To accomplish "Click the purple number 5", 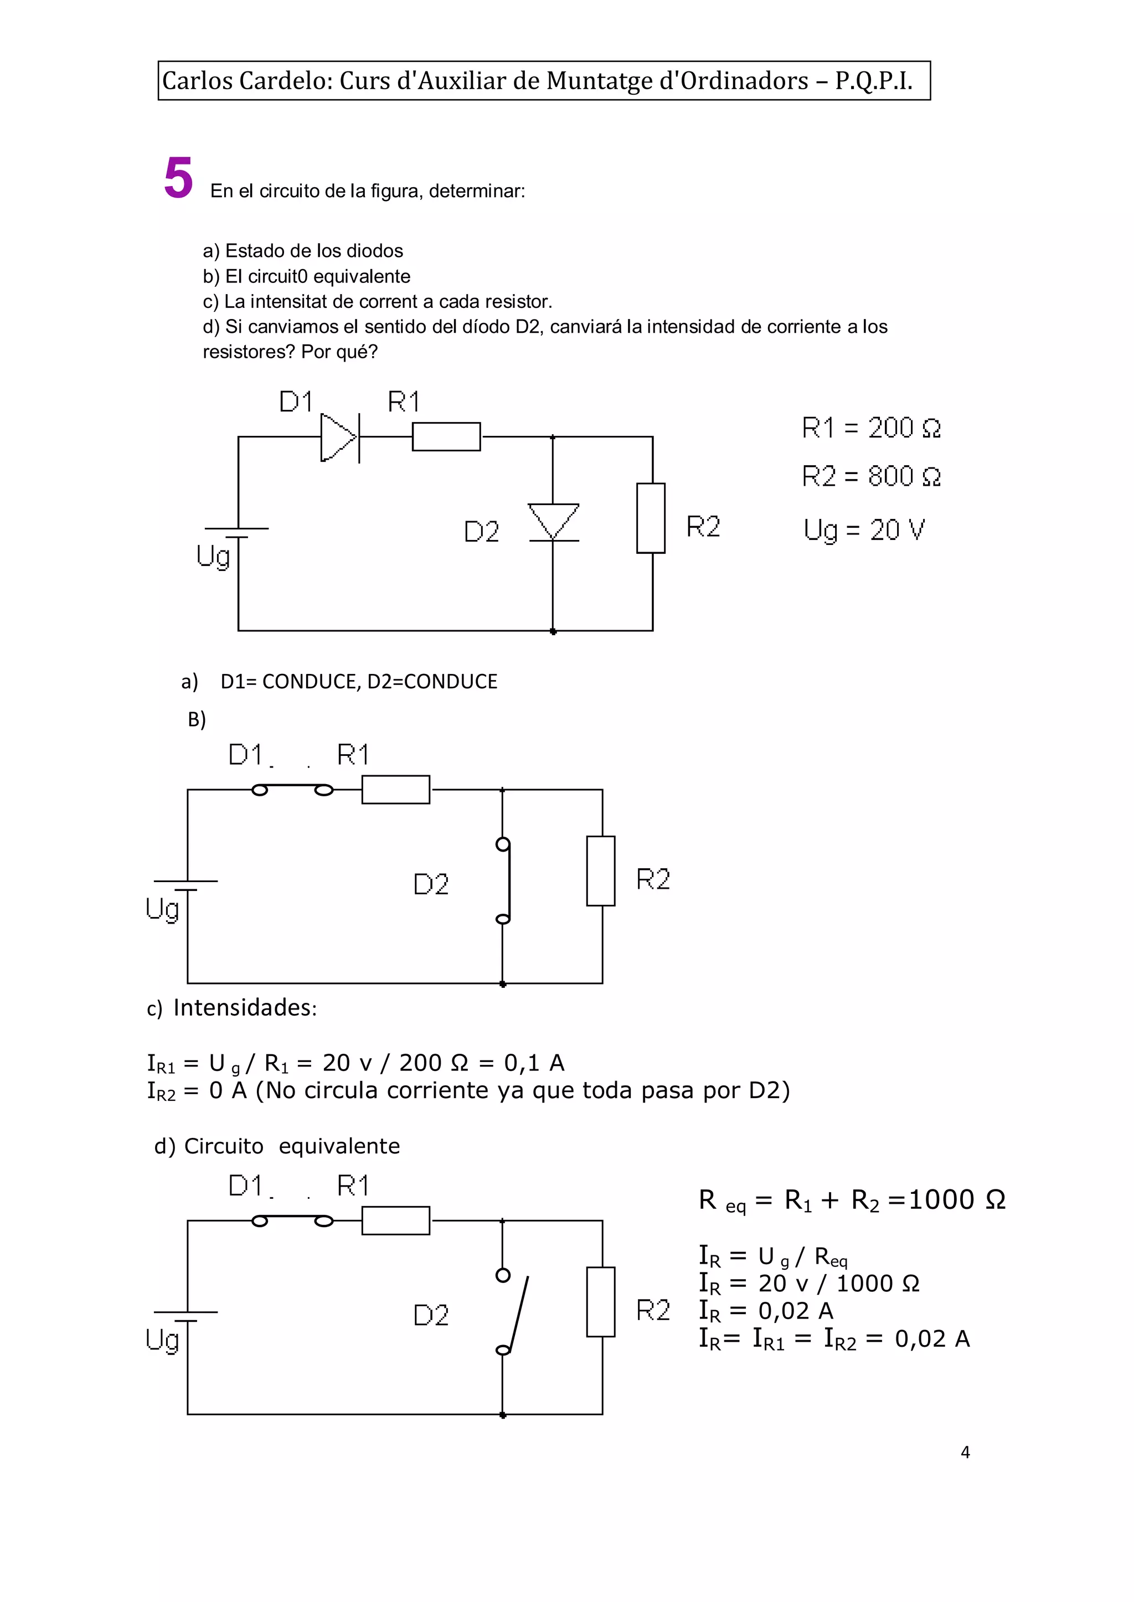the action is pyautogui.click(x=178, y=178).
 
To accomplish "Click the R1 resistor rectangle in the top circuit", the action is pyautogui.click(x=446, y=436).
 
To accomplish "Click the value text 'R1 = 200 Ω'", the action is pyautogui.click(x=871, y=427).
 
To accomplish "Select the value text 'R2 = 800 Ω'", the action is pyautogui.click(x=871, y=476).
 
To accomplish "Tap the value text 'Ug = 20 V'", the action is pyautogui.click(x=864, y=530).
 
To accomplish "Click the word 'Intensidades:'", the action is pyautogui.click(x=244, y=1008).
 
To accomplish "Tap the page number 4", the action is pyautogui.click(x=965, y=1452).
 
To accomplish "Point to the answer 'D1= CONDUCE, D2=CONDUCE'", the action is pyautogui.click(x=359, y=682).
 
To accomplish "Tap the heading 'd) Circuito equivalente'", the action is pyautogui.click(x=277, y=1146).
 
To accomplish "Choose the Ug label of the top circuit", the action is pyautogui.click(x=212, y=557).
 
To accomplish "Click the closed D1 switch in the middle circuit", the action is pyautogui.click(x=292, y=790).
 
